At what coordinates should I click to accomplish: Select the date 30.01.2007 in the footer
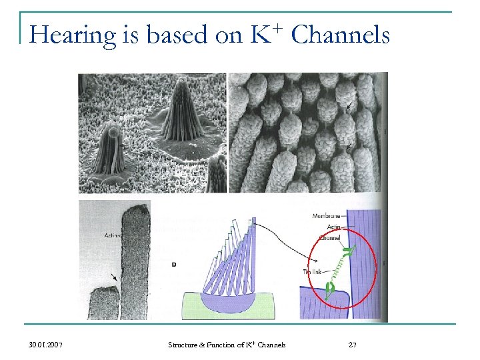47,345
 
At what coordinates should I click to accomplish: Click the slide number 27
353,345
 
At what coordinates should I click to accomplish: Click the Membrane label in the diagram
326,216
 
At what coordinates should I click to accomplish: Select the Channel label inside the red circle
329,237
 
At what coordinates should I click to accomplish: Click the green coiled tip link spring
337,268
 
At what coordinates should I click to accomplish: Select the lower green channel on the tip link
329,289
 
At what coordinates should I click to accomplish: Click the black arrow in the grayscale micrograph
117,275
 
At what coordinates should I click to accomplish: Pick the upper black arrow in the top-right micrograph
349,104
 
